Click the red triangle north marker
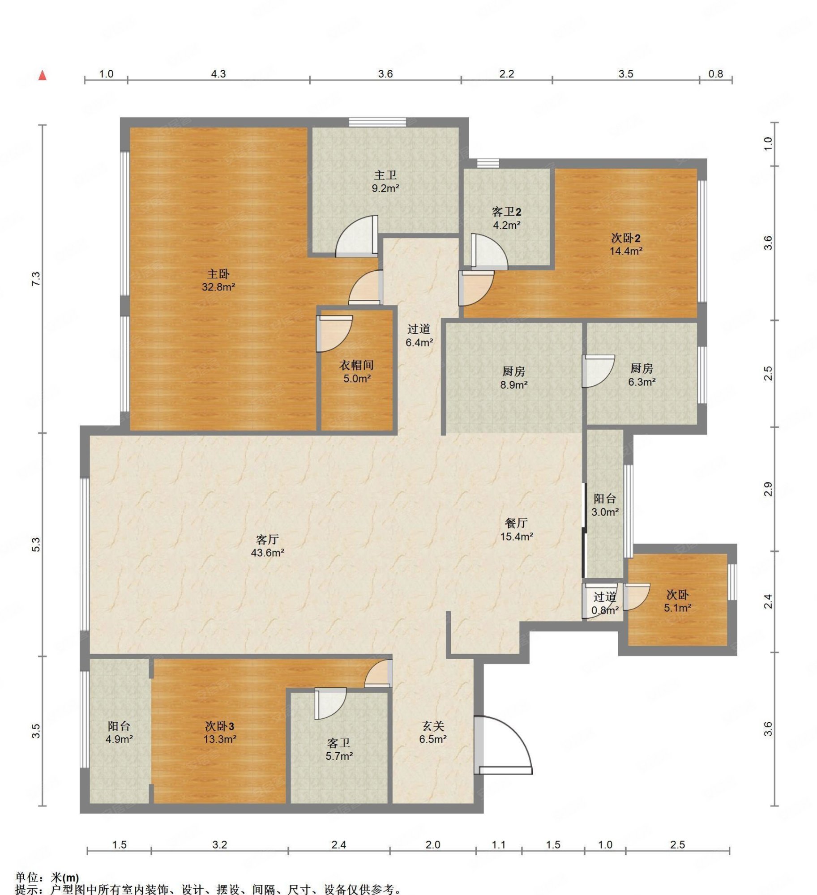pos(43,75)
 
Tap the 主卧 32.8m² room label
pos(218,280)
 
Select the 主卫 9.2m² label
pos(385,181)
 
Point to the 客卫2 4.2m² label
pos(506,218)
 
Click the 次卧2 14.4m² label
pos(626,244)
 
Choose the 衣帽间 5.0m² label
pos(356,371)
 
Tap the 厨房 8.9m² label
pos(513,377)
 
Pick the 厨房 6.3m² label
pos(642,375)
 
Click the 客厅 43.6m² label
pos(267,546)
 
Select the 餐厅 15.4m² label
pos(516,529)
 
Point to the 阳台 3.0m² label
pos(605,505)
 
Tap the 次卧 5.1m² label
pos(677,601)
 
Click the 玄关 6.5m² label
pos(432,732)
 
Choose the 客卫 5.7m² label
pos(339,750)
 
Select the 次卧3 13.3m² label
pos(219,732)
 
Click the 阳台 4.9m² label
pos(119,732)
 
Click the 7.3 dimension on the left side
pos(36,279)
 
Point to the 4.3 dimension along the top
pos(218,73)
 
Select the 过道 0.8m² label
pos(605,603)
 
